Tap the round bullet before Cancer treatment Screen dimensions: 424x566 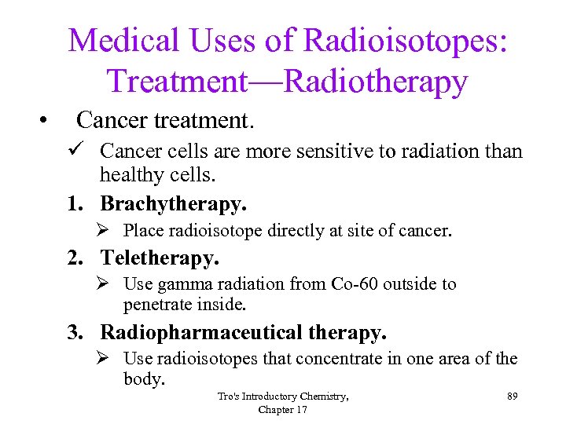point(45,121)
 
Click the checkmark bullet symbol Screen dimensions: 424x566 point(75,151)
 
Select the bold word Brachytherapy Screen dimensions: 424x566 point(172,204)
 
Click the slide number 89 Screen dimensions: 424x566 point(512,397)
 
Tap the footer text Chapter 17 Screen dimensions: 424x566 point(283,410)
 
